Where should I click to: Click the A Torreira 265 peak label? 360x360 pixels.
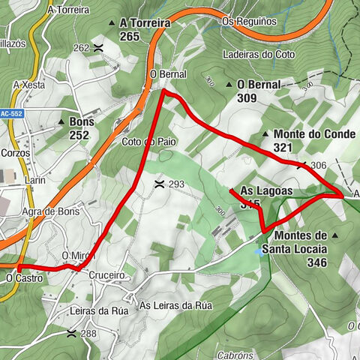(x=145, y=29)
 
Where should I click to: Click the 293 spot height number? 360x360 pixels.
(x=176, y=184)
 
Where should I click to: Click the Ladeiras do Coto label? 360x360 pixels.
(x=259, y=54)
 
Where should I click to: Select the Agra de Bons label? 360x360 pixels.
(x=51, y=211)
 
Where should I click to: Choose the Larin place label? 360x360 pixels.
(x=34, y=181)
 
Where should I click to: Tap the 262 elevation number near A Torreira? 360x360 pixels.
(x=81, y=48)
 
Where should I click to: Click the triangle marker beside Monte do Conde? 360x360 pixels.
(x=265, y=134)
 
